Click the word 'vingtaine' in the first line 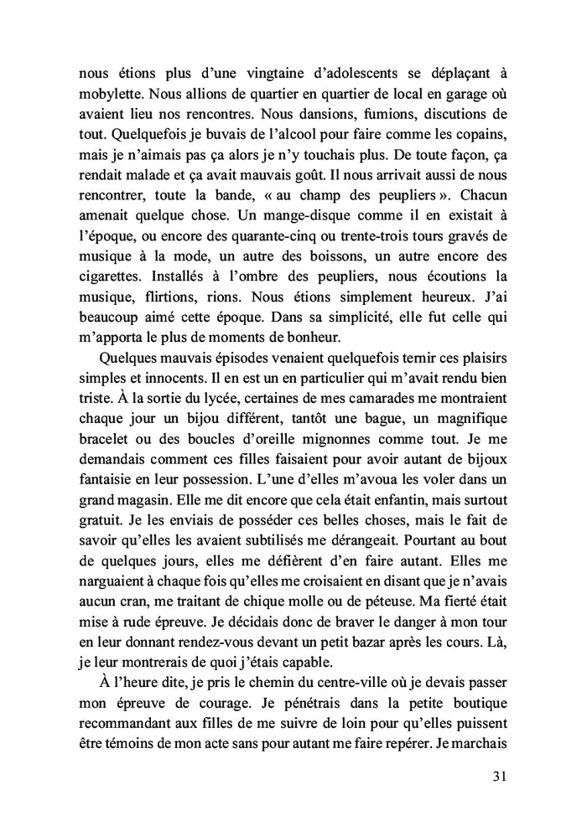coord(238,71)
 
